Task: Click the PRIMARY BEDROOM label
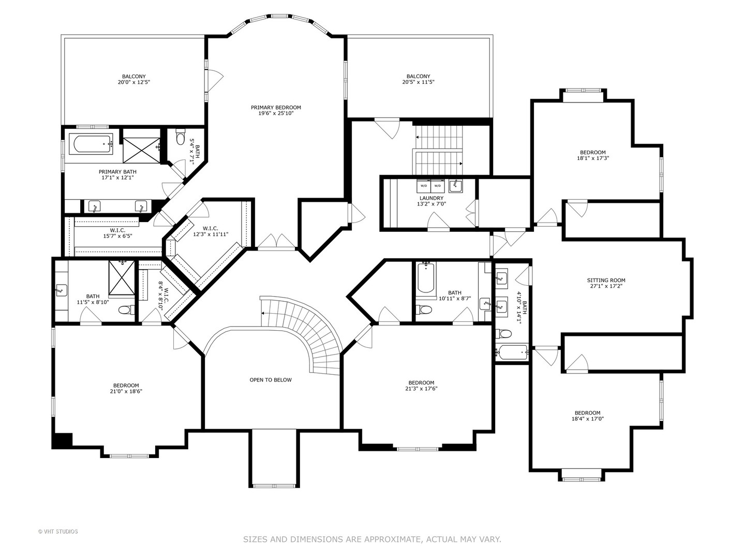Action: tap(276, 108)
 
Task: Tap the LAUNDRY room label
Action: tap(431, 198)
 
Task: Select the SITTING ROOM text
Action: tap(606, 281)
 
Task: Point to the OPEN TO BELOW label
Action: tap(271, 380)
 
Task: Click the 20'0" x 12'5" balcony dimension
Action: tap(133, 82)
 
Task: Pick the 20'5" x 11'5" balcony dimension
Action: tap(418, 82)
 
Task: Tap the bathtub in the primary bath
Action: tap(91, 144)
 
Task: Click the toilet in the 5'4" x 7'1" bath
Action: tap(180, 137)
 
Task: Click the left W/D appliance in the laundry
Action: tap(424, 185)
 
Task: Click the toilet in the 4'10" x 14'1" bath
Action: tap(503, 334)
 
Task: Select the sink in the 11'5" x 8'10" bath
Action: tap(62, 290)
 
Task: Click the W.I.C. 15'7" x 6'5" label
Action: tap(117, 233)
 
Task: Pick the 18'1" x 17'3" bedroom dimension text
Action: tap(592, 158)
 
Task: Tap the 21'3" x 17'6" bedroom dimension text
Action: tap(421, 389)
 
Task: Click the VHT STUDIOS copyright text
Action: tap(58, 532)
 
